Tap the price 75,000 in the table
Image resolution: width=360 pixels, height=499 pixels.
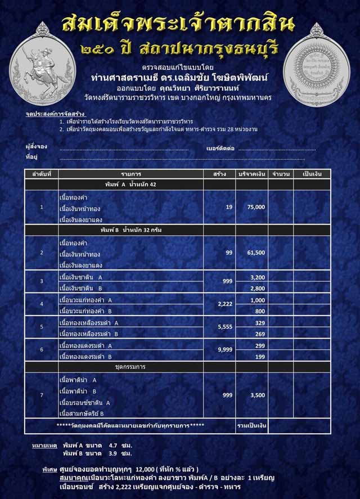255,208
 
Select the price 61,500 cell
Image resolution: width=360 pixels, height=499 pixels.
255,253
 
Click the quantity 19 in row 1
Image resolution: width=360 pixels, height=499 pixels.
229,208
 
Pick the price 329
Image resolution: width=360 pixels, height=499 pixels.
259,323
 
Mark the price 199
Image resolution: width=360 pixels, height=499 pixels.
259,357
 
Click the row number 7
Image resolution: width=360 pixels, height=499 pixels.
42,395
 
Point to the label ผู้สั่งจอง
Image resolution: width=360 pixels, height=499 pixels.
35,149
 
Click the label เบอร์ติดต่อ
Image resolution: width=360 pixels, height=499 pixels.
221,149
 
